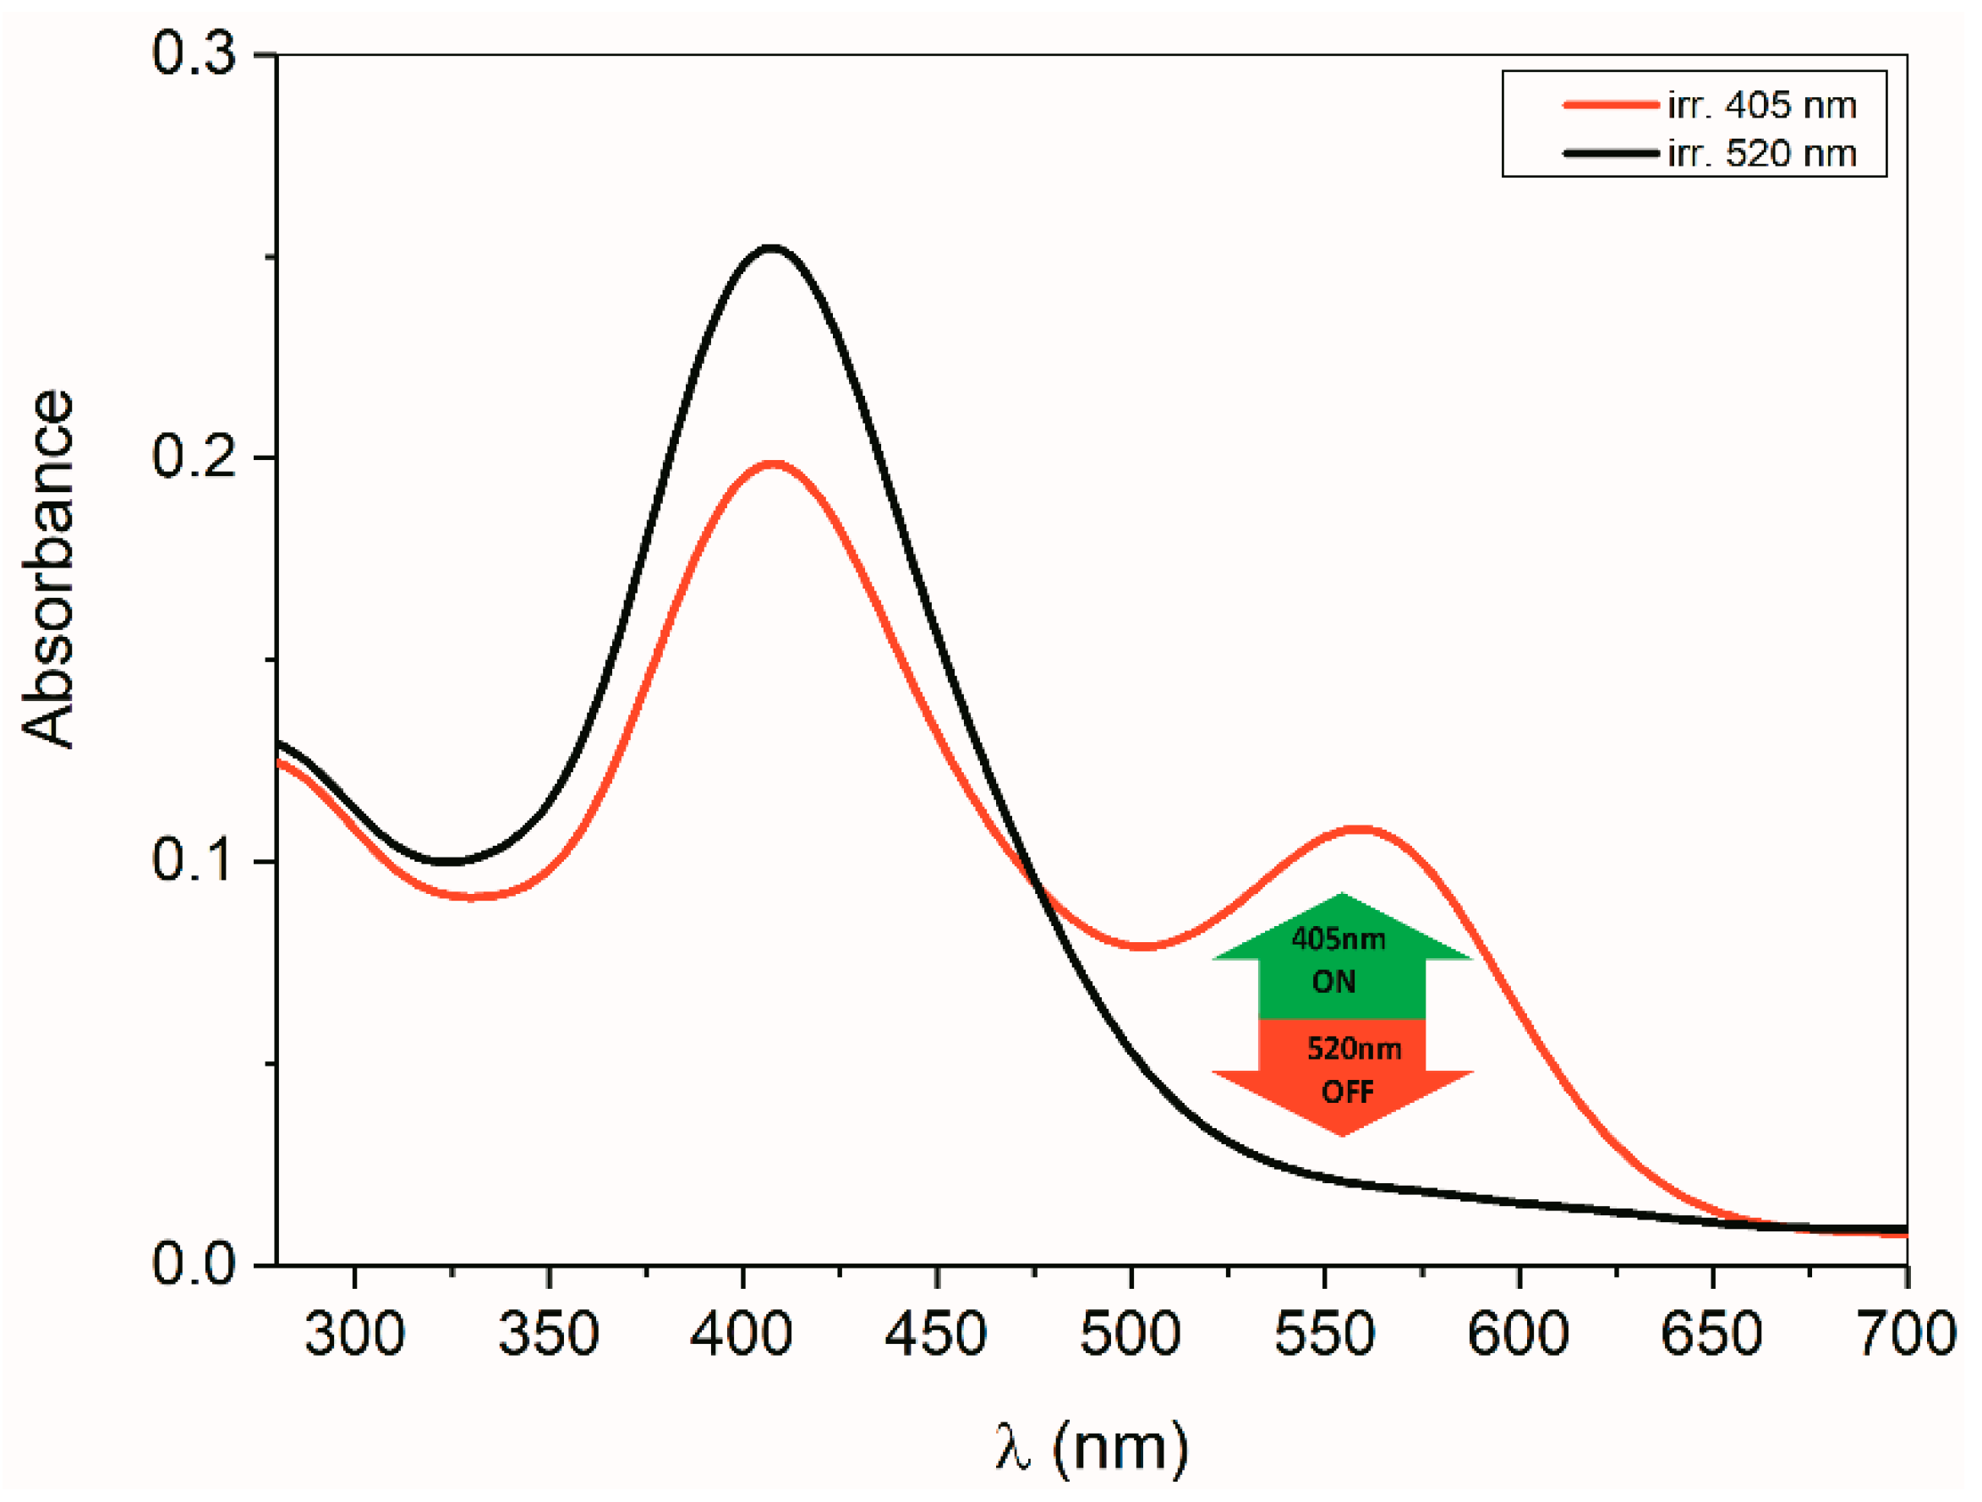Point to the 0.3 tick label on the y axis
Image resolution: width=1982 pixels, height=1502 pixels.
tap(194, 54)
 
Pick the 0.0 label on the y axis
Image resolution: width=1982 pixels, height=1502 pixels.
tap(194, 1264)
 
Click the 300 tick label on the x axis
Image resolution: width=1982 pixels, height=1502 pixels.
tap(355, 1334)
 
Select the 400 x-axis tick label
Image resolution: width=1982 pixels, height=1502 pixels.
tap(742, 1334)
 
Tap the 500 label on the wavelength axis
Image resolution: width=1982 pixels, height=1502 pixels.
tap(1130, 1334)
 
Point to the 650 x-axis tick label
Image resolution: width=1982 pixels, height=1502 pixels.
tap(1711, 1334)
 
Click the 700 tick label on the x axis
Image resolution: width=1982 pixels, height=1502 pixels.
tap(1907, 1334)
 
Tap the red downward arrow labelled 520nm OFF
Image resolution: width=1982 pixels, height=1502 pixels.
tap(1342, 1073)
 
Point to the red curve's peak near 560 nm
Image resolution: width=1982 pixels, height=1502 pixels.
tap(1361, 829)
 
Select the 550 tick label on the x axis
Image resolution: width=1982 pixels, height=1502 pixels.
tap(1324, 1334)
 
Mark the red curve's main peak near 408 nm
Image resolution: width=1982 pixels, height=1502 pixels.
tap(772, 463)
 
